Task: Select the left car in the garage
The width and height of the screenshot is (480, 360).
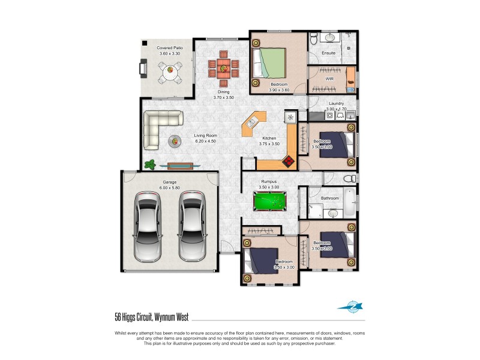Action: click(x=148, y=226)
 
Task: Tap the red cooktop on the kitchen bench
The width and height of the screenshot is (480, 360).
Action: click(x=289, y=161)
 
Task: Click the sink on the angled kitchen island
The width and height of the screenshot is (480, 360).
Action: click(x=253, y=122)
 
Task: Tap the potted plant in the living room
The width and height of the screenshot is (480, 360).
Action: click(x=151, y=163)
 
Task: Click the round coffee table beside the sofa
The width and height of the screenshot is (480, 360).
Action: click(x=175, y=141)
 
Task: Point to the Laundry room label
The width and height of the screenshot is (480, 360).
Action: click(x=335, y=103)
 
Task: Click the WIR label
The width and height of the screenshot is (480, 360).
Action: click(x=329, y=78)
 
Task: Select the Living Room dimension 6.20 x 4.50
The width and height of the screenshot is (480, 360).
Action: click(x=205, y=141)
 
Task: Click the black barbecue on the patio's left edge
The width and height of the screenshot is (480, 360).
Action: click(x=143, y=69)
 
